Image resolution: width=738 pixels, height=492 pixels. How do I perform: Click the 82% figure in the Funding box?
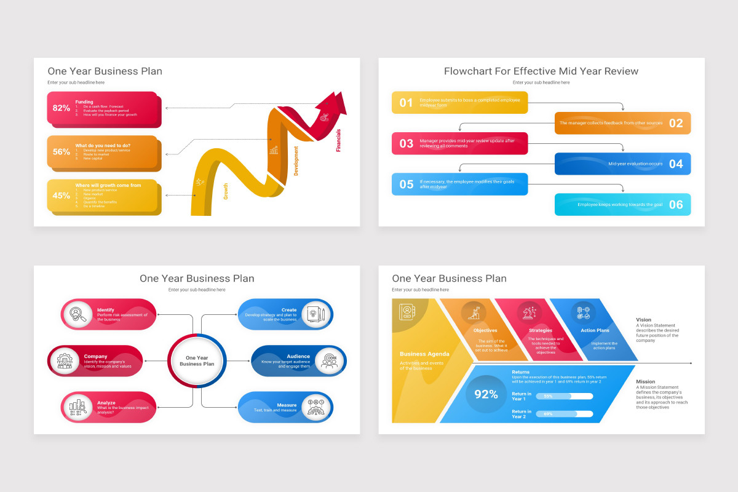point(61,108)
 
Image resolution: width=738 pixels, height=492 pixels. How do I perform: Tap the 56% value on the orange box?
point(61,152)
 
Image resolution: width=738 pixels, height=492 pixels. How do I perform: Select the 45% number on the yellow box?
point(61,196)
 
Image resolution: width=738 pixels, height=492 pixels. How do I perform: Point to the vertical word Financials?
point(338,140)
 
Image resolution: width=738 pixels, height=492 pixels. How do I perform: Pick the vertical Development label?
point(296,161)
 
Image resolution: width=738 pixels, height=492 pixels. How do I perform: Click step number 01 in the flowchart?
point(406,103)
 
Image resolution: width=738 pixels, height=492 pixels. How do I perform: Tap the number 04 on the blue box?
point(676,164)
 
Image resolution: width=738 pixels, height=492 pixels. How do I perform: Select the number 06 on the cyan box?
point(676,205)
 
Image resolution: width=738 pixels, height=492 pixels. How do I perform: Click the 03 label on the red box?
point(406,144)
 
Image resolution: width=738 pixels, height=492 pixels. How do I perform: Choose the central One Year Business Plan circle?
point(197,361)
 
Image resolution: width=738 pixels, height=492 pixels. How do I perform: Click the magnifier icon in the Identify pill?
point(77,314)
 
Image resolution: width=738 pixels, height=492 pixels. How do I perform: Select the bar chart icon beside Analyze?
point(77,407)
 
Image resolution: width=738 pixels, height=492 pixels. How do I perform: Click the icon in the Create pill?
point(315,314)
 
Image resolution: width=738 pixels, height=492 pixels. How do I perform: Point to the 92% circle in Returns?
point(486,394)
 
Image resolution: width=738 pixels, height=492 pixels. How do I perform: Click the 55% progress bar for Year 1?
point(564,396)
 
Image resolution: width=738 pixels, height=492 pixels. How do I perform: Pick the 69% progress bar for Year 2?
point(564,414)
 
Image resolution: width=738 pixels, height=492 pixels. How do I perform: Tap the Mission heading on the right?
point(646,382)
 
